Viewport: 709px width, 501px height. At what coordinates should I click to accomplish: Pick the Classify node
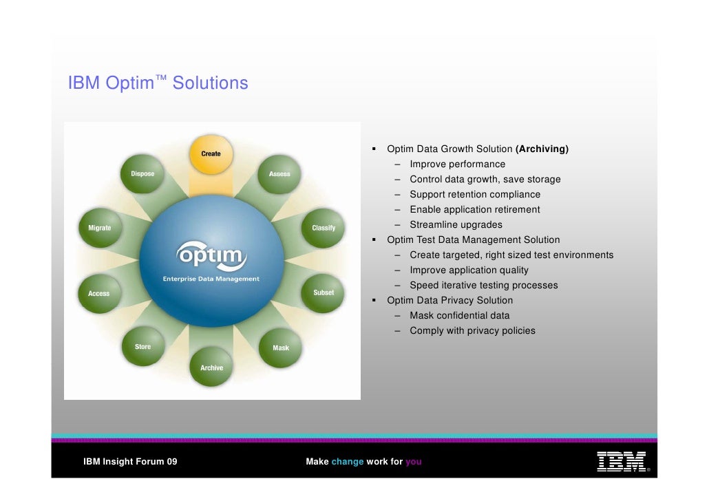pyautogui.click(x=323, y=228)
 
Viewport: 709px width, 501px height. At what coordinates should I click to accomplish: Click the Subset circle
pyautogui.click(x=323, y=293)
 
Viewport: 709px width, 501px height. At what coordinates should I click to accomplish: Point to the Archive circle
pyautogui.click(x=211, y=368)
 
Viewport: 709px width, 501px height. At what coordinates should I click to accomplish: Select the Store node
pyautogui.click(x=143, y=347)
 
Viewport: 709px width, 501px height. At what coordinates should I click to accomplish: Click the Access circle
pyautogui.click(x=100, y=294)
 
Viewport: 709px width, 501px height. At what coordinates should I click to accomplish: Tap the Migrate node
pyautogui.click(x=100, y=228)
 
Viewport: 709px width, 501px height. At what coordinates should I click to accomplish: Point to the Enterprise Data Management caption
pyautogui.click(x=211, y=279)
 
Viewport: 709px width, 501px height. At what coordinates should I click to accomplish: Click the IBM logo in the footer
pyautogui.click(x=621, y=461)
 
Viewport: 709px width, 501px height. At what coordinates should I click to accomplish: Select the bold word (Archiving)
pyautogui.click(x=542, y=149)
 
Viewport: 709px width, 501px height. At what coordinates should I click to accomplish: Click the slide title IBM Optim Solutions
pyautogui.click(x=158, y=83)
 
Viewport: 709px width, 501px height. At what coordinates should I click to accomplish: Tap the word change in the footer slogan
pyautogui.click(x=347, y=462)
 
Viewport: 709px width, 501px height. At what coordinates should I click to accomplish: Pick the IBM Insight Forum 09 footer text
pyautogui.click(x=130, y=462)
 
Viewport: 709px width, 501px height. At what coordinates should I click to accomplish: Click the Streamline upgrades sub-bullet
pyautogui.click(x=456, y=224)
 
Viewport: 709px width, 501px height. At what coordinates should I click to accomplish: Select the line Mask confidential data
pyautogui.click(x=459, y=315)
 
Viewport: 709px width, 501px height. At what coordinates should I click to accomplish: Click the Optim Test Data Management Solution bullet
pyautogui.click(x=473, y=239)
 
